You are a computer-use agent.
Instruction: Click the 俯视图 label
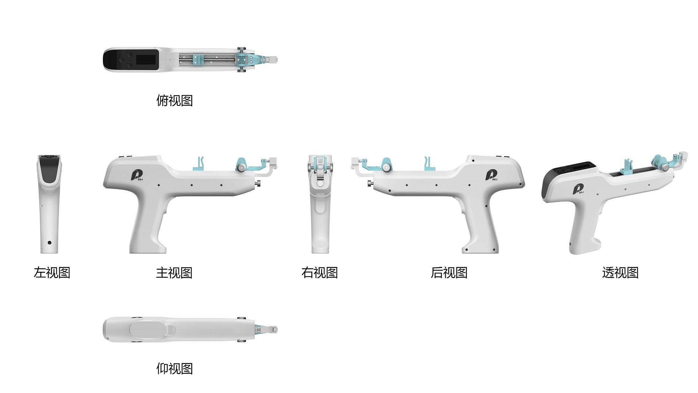pos(174,101)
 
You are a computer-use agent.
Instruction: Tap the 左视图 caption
pos(52,272)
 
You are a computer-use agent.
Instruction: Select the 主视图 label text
pos(174,272)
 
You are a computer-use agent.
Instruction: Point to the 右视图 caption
pos(320,272)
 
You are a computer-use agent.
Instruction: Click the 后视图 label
pos(449,272)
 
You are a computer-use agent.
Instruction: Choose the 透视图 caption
pos(620,272)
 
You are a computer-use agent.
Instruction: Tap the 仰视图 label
pos(174,369)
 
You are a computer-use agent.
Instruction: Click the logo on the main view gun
pos(137,175)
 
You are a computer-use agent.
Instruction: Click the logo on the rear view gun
pos(491,175)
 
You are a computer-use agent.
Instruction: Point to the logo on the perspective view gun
pos(578,189)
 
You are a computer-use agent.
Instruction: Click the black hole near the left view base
pos(50,242)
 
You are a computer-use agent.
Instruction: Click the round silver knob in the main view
pos(241,168)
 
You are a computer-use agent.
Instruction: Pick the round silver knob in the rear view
pos(386,168)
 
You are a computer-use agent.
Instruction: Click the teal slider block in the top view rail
pos(198,60)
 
